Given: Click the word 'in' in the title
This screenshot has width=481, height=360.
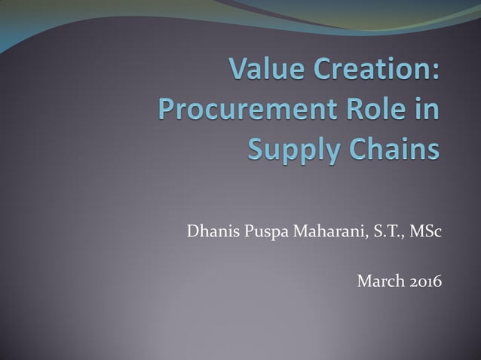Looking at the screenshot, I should click(x=428, y=110).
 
